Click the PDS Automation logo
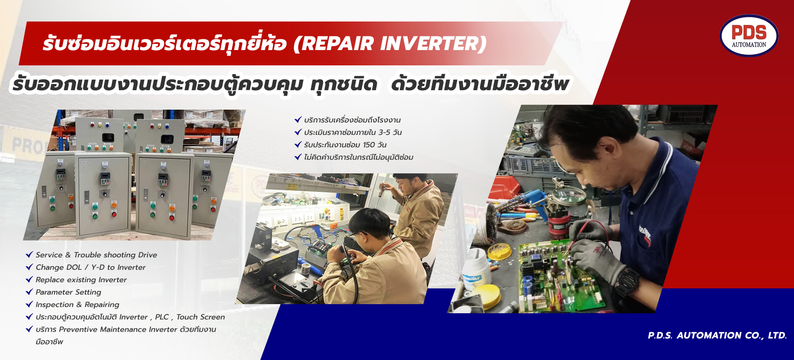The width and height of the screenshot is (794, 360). (749, 36)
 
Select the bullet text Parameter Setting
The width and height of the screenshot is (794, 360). (68, 292)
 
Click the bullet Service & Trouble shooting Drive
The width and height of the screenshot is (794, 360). (96, 255)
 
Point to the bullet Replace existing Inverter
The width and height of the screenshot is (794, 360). (81, 280)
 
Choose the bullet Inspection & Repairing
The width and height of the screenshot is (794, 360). (77, 305)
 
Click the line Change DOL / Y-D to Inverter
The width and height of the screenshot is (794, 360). (91, 267)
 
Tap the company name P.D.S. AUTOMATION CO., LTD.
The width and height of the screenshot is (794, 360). (717, 335)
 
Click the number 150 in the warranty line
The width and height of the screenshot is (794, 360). (369, 145)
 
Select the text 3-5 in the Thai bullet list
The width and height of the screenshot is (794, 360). (384, 132)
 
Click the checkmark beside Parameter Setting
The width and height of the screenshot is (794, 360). (29, 292)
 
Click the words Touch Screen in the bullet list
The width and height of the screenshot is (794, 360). (201, 317)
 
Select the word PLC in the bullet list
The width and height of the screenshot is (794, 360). (162, 317)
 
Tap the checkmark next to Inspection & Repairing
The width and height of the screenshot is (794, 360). (29, 304)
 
